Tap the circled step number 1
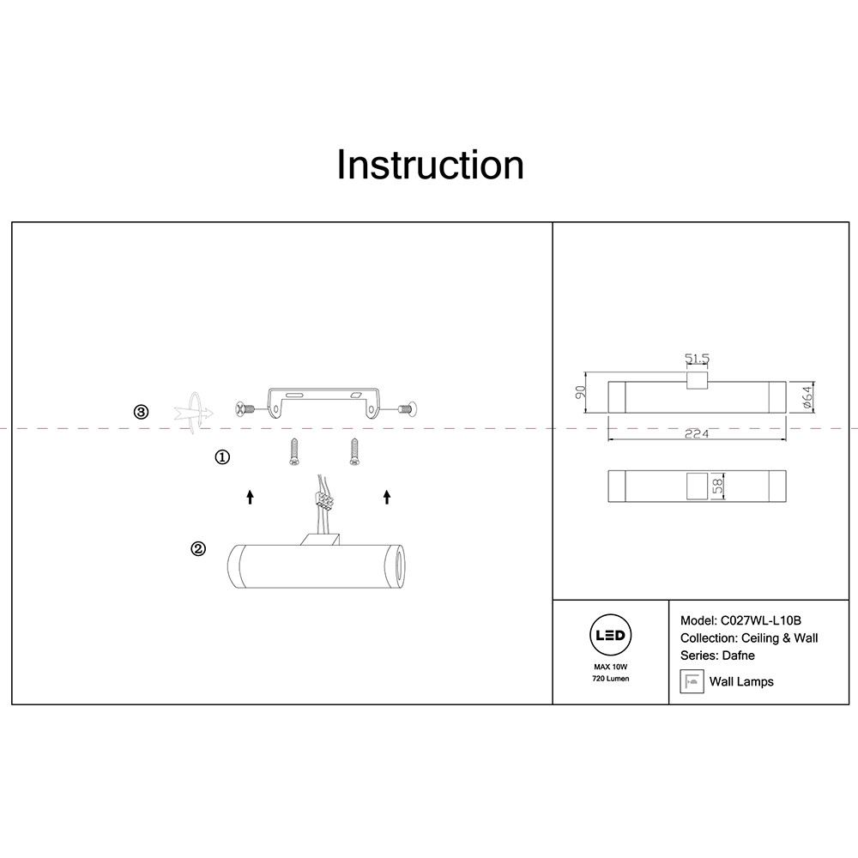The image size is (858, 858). tap(221, 457)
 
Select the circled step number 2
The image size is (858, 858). tap(198, 549)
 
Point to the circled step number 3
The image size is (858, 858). tap(142, 412)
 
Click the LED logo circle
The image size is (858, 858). tap(611, 637)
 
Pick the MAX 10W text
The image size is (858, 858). tap(611, 667)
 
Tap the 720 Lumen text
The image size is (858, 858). tap(611, 679)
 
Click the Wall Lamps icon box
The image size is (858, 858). tap(689, 681)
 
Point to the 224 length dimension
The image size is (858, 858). tap(696, 434)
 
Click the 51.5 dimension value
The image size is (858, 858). tap(697, 359)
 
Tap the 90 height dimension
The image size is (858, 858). tap(580, 393)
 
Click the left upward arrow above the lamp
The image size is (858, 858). tap(250, 496)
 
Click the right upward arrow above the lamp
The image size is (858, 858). tap(386, 496)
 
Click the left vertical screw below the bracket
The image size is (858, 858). tap(294, 451)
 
